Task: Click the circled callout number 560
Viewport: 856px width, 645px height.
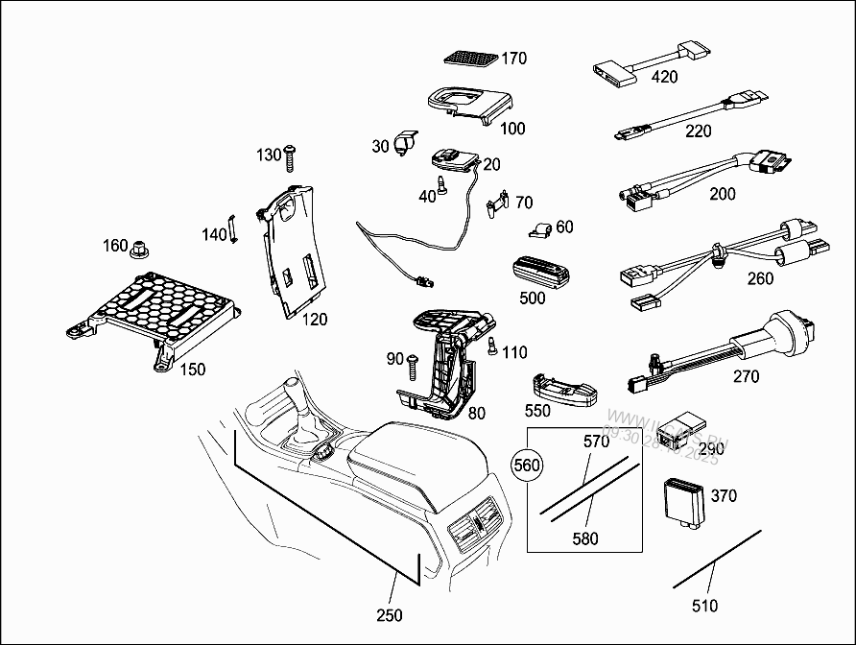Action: point(528,466)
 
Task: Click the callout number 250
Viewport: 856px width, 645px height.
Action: point(389,615)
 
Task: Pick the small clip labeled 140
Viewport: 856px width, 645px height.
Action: point(232,229)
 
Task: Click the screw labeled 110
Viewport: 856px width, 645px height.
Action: point(493,345)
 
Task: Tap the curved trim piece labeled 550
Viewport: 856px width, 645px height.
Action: point(561,388)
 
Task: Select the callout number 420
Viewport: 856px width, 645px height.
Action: point(664,76)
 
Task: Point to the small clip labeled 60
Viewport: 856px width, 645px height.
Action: point(539,229)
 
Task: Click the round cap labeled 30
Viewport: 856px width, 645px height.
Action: point(406,143)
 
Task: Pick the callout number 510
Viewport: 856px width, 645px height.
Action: point(704,606)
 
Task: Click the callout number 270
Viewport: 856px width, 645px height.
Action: point(746,377)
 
